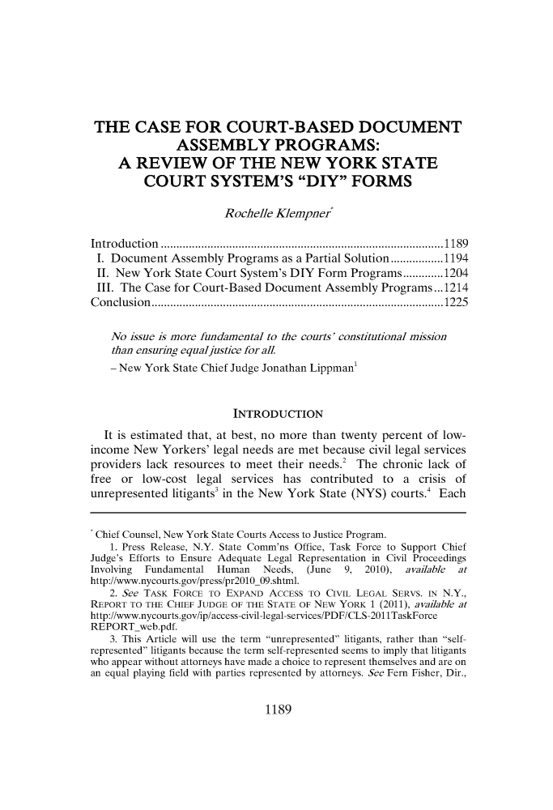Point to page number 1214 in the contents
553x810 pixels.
(450, 271)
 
